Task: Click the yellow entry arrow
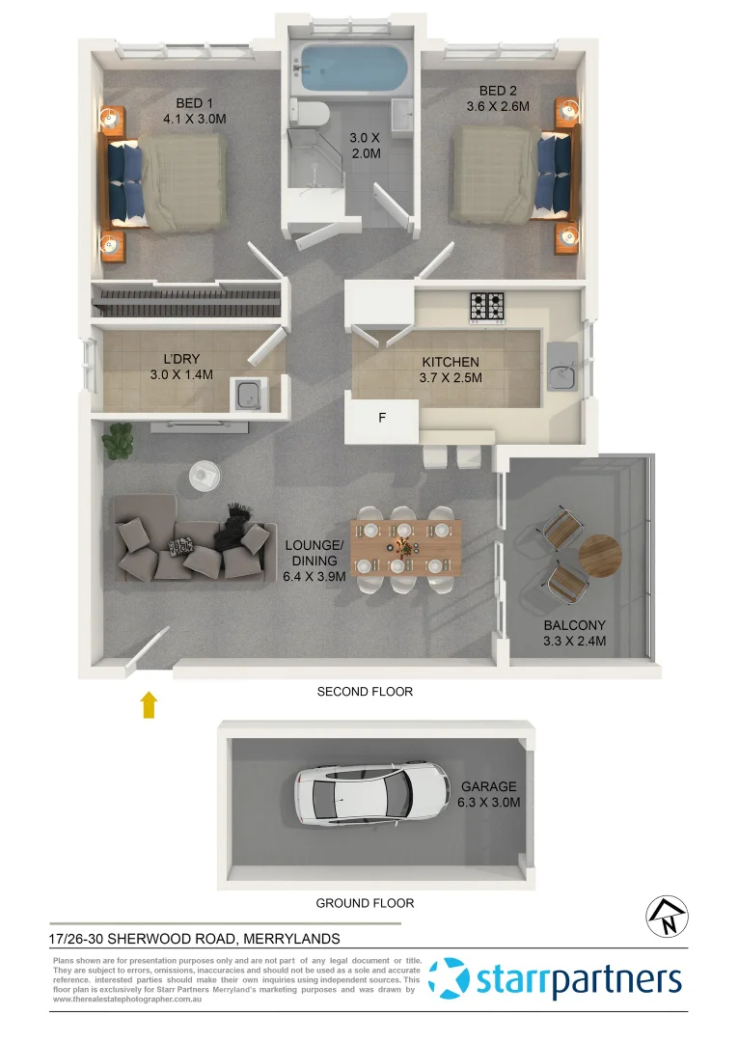click(x=150, y=704)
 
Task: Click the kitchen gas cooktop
click(x=487, y=306)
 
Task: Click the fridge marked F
click(x=382, y=419)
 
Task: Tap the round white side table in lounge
click(x=205, y=475)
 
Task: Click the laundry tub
click(x=245, y=394)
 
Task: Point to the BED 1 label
click(x=195, y=103)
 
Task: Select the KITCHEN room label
click(x=451, y=363)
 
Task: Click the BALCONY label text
click(x=574, y=624)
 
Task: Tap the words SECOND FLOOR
click(x=365, y=692)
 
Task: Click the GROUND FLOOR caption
click(x=365, y=904)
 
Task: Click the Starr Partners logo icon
click(x=450, y=978)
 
